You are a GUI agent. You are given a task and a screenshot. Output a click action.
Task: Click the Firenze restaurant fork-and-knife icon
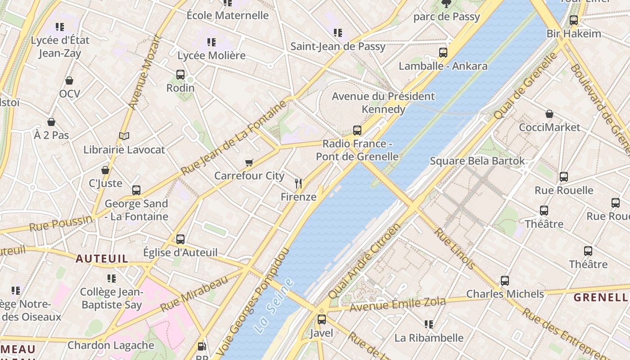298,183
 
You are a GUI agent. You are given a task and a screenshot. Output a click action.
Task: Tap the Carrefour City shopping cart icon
249,162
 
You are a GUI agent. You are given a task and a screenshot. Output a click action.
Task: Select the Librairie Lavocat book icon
124,136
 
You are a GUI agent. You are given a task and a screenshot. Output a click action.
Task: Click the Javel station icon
321,319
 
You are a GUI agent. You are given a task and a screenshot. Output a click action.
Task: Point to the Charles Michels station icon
505,281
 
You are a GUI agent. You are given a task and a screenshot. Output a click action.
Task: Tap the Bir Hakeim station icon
573,20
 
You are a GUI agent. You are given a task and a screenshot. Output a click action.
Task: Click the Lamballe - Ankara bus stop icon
443,53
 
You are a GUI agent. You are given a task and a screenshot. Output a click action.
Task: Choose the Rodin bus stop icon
180,75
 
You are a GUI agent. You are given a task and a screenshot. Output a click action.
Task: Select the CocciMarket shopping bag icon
549,114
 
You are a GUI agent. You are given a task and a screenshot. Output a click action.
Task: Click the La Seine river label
273,306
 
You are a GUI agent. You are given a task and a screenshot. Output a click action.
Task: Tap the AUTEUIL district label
102,259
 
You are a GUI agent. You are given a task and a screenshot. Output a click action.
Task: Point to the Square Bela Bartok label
477,161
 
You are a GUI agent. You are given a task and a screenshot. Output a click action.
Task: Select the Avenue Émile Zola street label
397,304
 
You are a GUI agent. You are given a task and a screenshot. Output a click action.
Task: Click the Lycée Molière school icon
211,42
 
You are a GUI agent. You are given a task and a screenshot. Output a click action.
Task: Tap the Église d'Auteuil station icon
180,239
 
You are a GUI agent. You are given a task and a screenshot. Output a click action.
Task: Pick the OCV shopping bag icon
69,81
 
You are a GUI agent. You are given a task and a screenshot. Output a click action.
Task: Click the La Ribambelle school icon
428,324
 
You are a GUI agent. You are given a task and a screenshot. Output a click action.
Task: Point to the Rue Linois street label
454,249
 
